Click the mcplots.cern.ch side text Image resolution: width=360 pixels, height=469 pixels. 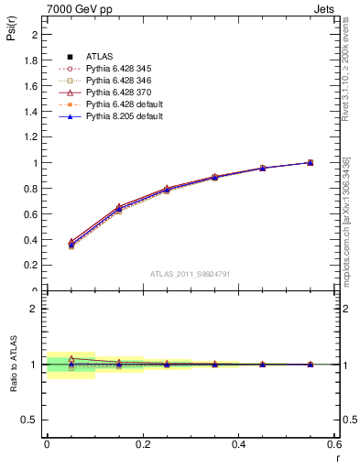tap(346, 220)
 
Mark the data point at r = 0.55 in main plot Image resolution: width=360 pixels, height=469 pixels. tap(311, 162)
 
